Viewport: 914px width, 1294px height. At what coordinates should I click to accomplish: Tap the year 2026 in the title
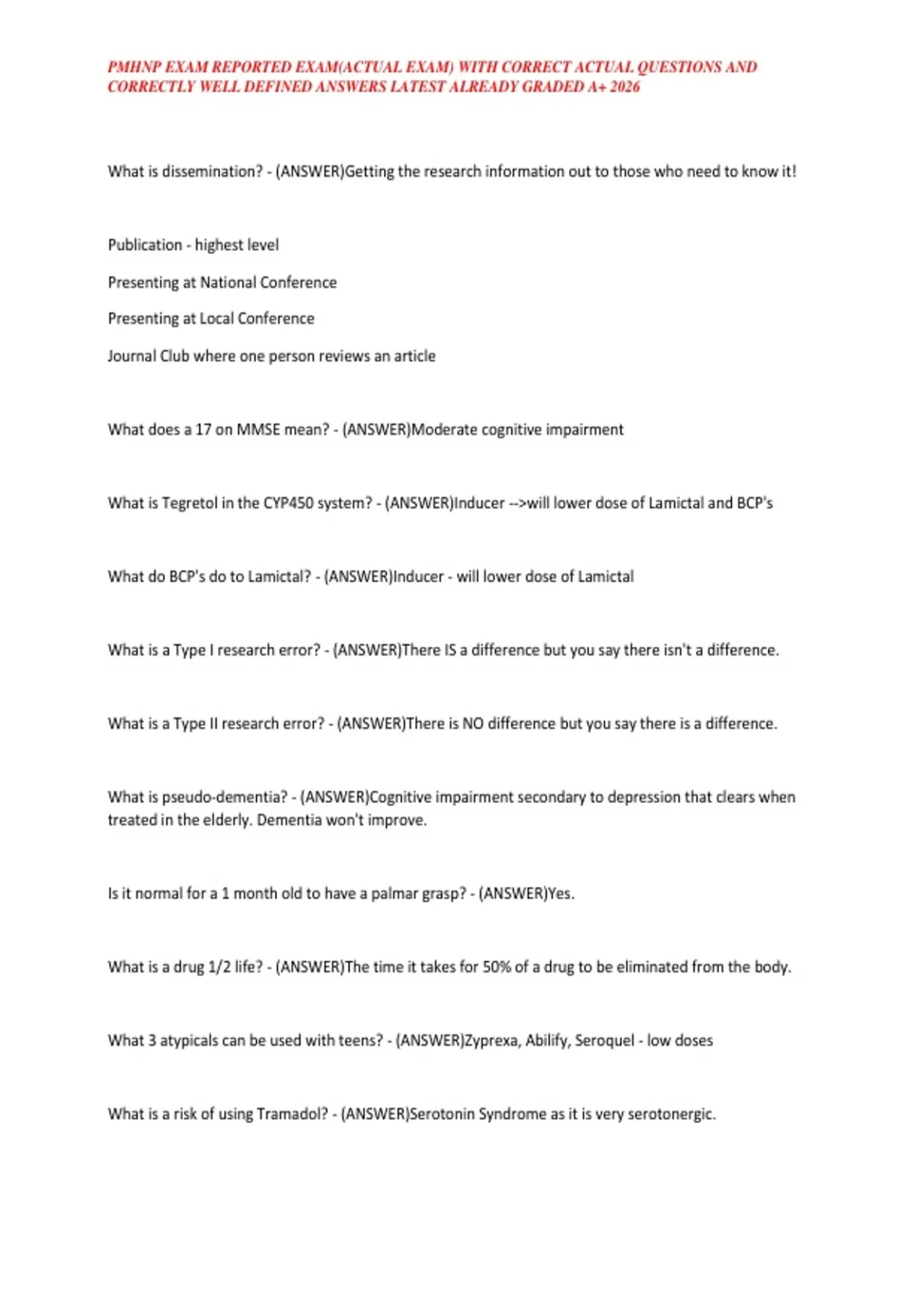tap(625, 87)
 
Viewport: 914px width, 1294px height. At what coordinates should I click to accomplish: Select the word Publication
tap(145, 245)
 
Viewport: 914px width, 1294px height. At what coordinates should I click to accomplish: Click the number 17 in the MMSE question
tap(203, 429)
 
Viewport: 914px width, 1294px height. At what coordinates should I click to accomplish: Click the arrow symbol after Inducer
tap(517, 503)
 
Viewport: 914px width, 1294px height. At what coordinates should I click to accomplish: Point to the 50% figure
tap(497, 967)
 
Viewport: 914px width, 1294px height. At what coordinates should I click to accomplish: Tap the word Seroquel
tap(605, 1041)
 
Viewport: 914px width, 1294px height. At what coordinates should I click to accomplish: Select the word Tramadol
tap(286, 1114)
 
